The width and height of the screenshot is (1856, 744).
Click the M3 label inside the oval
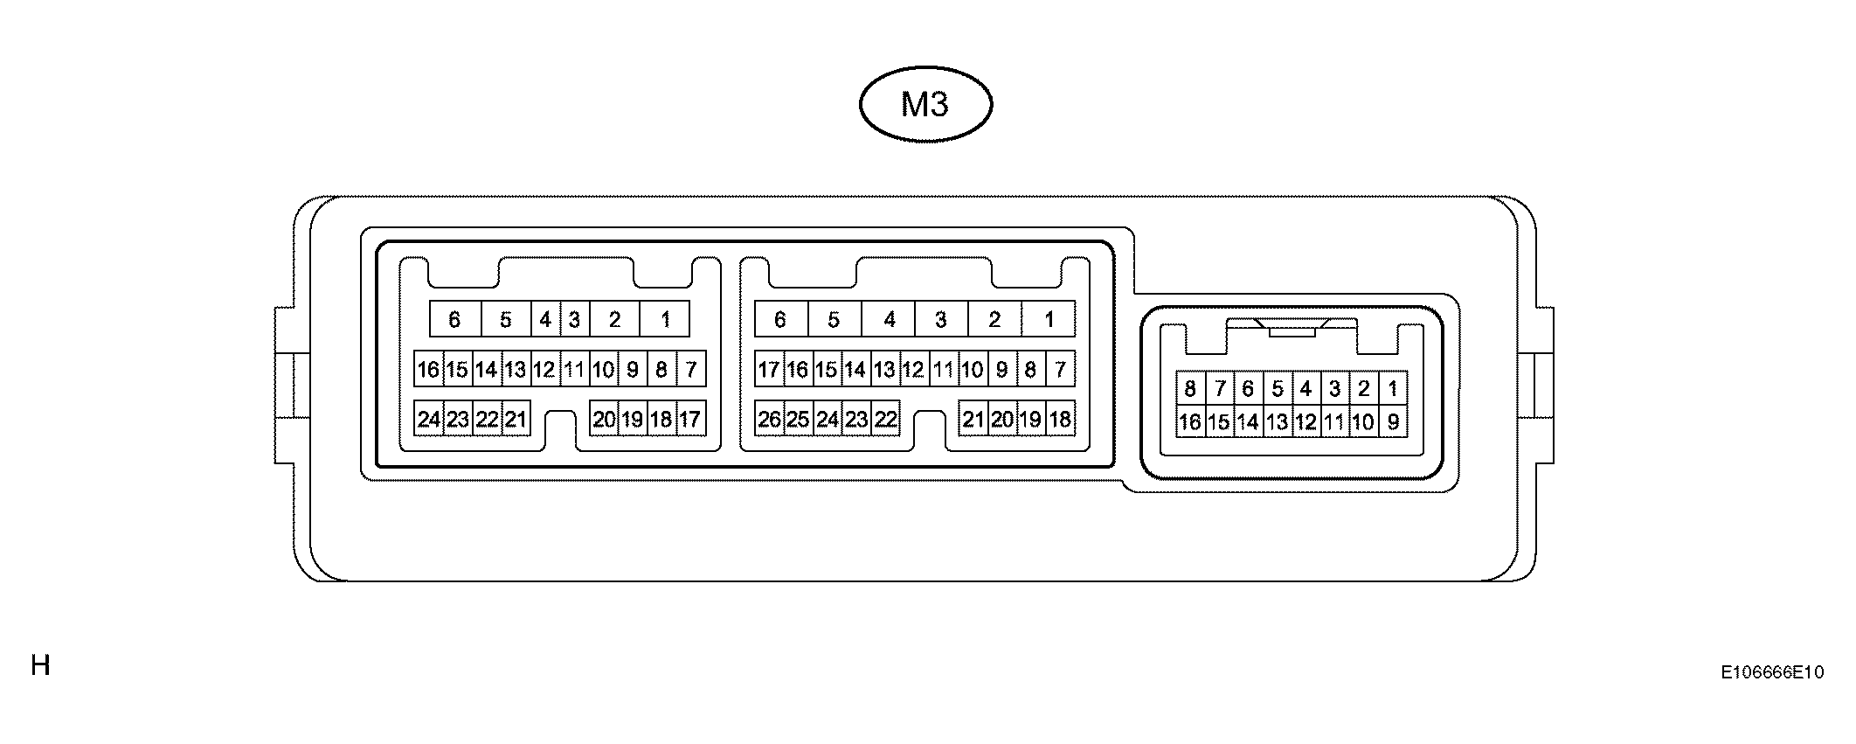click(925, 105)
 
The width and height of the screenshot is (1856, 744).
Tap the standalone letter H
click(40, 665)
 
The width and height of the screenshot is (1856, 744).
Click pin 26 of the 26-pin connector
click(769, 420)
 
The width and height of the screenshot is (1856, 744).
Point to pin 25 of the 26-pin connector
click(798, 420)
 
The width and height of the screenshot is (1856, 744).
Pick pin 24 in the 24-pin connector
click(428, 420)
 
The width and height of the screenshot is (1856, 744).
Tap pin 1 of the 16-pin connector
click(1393, 388)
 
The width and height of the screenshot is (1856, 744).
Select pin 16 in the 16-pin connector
click(1190, 422)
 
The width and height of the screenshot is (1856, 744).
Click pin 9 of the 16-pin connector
click(1393, 422)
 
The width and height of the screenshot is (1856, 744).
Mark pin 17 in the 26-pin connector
click(769, 370)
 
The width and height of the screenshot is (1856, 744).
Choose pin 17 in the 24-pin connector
click(690, 420)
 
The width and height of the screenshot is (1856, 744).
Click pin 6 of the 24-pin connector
click(454, 320)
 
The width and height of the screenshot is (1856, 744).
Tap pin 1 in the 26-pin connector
click(1049, 320)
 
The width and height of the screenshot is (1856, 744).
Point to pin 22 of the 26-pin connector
click(885, 420)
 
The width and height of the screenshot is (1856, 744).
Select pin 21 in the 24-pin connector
click(516, 420)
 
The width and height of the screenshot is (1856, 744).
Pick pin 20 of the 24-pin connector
click(604, 420)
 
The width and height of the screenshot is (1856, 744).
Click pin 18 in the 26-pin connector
click(1060, 420)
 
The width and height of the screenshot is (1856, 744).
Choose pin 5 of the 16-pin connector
click(1278, 388)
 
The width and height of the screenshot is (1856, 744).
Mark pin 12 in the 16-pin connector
click(1305, 422)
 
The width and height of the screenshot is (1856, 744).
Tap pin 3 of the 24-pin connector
click(574, 320)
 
